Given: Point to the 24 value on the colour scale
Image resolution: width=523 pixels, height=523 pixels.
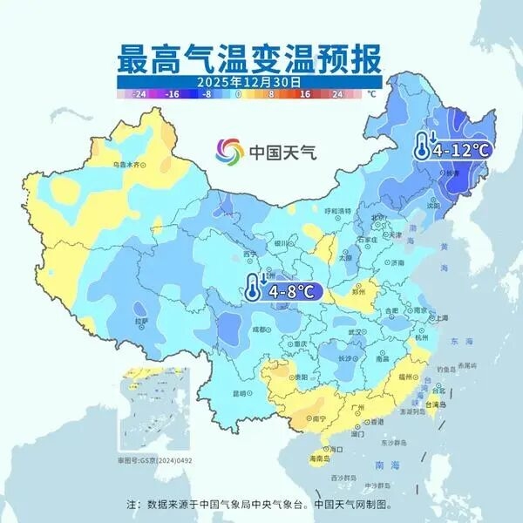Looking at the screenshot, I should [337, 92].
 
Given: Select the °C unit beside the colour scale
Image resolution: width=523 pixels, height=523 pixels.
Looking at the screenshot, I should [371, 92].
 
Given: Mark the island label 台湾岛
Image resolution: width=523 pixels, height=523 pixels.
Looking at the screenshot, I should [438, 404].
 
